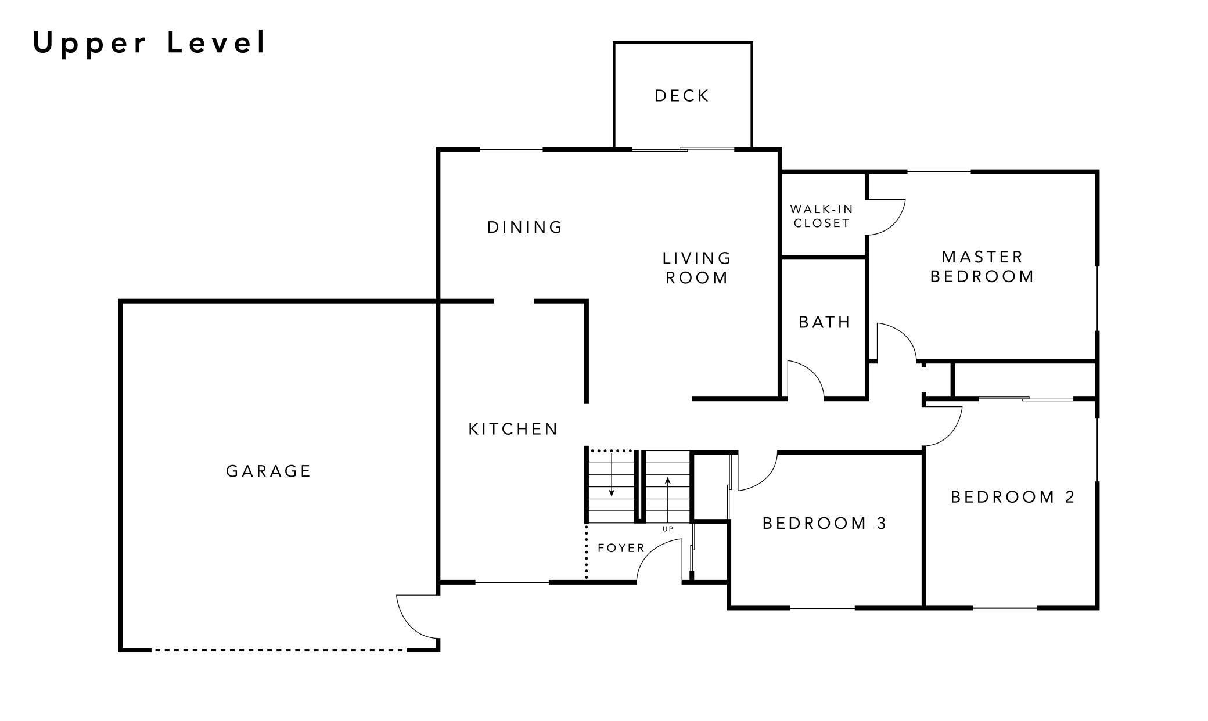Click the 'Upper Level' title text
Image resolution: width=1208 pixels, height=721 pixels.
click(x=149, y=43)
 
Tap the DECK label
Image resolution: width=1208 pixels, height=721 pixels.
click(x=682, y=96)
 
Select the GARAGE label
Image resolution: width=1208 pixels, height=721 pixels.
click(x=268, y=471)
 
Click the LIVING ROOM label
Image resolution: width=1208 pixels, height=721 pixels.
click(x=696, y=268)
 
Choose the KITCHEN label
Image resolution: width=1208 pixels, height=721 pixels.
click(x=513, y=429)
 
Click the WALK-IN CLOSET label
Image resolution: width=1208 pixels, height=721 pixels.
click(x=821, y=216)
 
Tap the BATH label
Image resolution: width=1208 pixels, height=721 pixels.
click(x=825, y=322)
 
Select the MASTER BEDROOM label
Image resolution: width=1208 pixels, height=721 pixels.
click(x=982, y=266)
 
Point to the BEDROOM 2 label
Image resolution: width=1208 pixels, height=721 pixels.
click(x=1013, y=497)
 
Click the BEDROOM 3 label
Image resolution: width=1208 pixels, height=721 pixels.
click(x=825, y=524)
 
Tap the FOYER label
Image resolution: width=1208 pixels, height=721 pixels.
click(x=621, y=548)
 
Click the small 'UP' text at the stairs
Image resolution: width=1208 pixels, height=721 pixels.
click(x=668, y=529)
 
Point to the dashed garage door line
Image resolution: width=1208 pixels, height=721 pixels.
click(x=279, y=650)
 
